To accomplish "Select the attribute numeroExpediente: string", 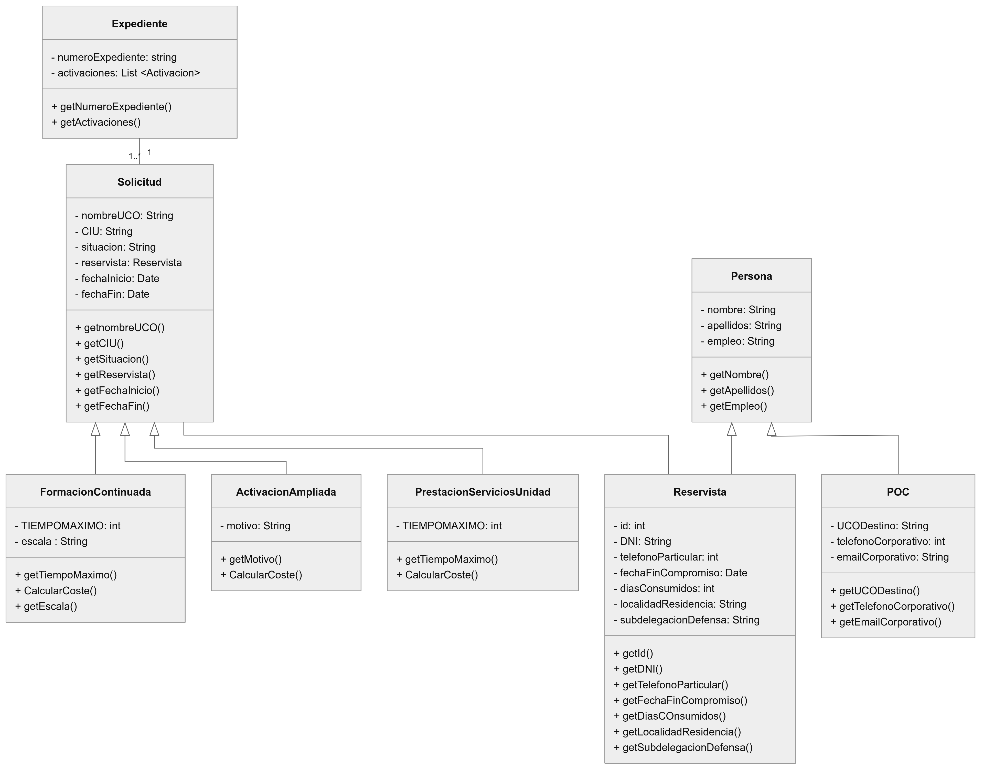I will (x=114, y=57).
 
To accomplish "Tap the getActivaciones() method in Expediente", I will (x=96, y=122).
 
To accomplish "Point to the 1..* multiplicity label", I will (x=134, y=156).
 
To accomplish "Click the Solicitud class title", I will (x=139, y=182).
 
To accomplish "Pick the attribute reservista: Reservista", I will (x=128, y=263).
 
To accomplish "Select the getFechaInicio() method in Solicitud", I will (x=117, y=390).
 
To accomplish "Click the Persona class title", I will (x=751, y=276).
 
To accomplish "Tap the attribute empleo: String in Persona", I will (x=737, y=341).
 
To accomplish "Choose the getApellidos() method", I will (x=737, y=390).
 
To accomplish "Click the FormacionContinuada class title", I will (x=95, y=492).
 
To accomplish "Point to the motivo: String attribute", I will (x=255, y=526).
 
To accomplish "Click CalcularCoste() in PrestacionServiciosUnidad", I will (x=437, y=575).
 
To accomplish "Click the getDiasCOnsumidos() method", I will (x=669, y=716).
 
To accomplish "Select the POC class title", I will (x=897, y=492).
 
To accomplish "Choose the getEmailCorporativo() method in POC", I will (x=885, y=622).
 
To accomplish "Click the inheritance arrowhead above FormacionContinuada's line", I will (x=95, y=429).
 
